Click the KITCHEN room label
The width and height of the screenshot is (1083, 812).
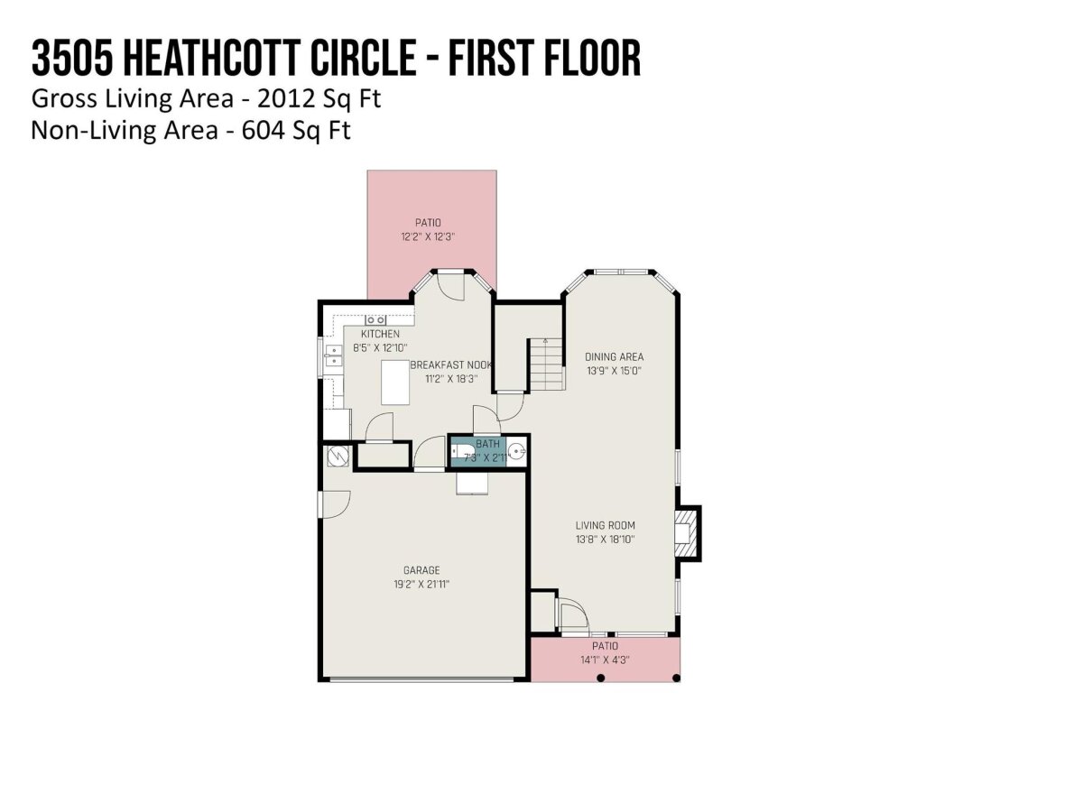click(380, 334)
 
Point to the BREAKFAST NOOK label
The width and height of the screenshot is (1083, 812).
click(451, 364)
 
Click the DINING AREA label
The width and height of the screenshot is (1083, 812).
click(615, 356)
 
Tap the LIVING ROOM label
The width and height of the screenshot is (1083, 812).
click(605, 525)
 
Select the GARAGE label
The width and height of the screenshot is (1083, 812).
click(421, 570)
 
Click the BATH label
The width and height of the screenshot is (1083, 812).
click(487, 444)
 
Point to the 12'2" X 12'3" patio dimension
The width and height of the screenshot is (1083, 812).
click(428, 236)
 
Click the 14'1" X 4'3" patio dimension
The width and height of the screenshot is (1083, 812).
click(605, 660)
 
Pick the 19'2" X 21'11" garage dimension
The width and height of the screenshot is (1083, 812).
click(421, 585)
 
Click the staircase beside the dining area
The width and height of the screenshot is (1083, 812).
click(546, 364)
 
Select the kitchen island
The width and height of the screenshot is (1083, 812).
click(395, 382)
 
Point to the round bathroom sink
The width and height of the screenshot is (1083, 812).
click(516, 450)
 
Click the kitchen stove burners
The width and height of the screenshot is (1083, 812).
click(375, 320)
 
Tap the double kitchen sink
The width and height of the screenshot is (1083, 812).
click(334, 356)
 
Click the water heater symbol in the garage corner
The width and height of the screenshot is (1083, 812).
click(338, 457)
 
